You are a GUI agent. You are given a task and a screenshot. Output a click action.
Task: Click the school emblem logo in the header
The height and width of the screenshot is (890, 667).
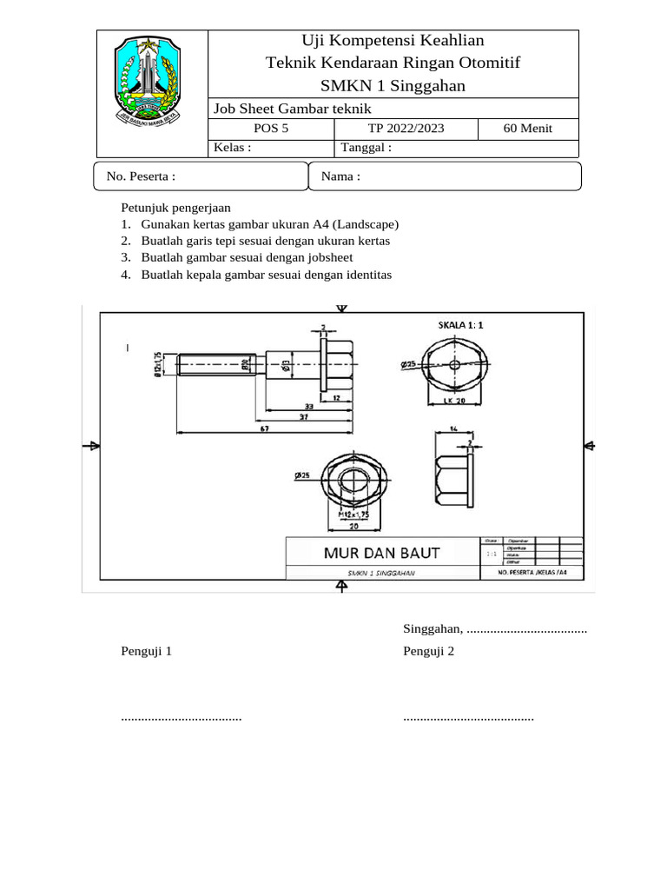coord(146,79)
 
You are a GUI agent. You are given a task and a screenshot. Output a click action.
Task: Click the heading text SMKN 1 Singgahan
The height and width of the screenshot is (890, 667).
coord(393,85)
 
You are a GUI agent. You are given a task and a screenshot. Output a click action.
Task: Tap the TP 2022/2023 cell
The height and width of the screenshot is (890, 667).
coord(406,129)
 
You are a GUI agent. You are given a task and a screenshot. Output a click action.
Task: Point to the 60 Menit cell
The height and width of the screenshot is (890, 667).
coord(528,129)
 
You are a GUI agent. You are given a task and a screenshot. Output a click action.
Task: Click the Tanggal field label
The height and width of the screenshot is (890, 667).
coord(367,148)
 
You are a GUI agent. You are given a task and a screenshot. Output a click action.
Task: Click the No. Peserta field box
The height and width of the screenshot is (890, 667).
coord(201,176)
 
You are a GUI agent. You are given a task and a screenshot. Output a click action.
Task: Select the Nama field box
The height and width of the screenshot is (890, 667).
coord(445,176)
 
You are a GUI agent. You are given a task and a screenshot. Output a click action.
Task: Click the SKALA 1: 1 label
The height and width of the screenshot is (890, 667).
coord(459,324)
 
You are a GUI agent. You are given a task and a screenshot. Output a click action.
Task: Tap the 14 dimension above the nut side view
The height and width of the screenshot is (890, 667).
coord(452,428)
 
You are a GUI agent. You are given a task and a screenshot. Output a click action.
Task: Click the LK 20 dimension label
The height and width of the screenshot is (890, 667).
coord(455,402)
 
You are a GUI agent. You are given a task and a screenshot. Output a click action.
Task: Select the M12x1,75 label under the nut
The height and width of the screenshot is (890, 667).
coord(353,514)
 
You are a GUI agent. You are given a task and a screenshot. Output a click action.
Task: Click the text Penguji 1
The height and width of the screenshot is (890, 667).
coord(147,651)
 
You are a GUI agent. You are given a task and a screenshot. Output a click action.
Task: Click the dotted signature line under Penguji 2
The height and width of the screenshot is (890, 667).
coord(468,719)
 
